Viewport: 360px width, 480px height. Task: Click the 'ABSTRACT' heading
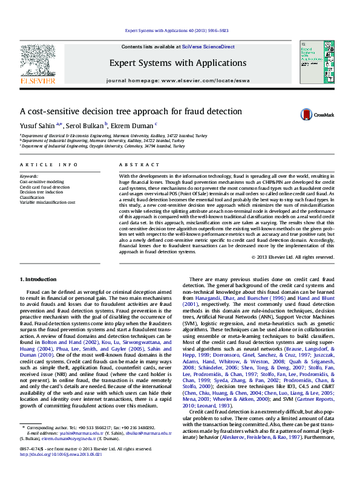(x=131, y=164)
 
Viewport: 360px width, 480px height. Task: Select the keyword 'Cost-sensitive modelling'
(x=42, y=181)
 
